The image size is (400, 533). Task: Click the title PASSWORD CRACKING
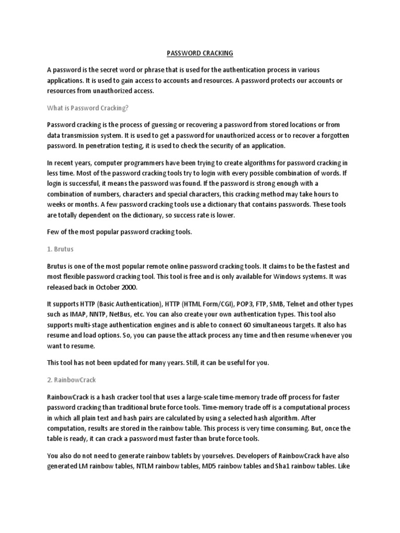pyautogui.click(x=199, y=53)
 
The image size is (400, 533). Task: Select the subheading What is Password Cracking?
pyautogui.click(x=87, y=108)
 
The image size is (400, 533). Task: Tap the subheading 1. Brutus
pyautogui.click(x=61, y=249)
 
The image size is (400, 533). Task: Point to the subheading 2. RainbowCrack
pyautogui.click(x=71, y=380)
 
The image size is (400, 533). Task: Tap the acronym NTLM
pyautogui.click(x=146, y=466)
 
